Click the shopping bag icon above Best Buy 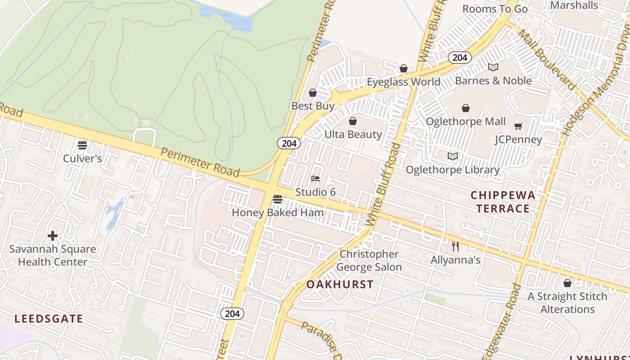[312, 93]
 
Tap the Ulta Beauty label [353, 134]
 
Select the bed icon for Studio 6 [315, 179]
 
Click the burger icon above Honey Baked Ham [278, 199]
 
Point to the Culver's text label [82, 158]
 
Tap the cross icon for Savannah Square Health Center [53, 236]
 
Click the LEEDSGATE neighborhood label [49, 319]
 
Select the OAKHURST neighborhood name [340, 284]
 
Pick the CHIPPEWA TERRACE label [503, 202]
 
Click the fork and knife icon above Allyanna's [455, 246]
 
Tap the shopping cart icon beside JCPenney [518, 126]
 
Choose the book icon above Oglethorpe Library [452, 156]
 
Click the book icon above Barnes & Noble [493, 67]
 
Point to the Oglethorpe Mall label [465, 121]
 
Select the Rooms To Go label [495, 9]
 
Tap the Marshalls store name [574, 5]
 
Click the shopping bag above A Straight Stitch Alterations [567, 283]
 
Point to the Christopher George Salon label [369, 261]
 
